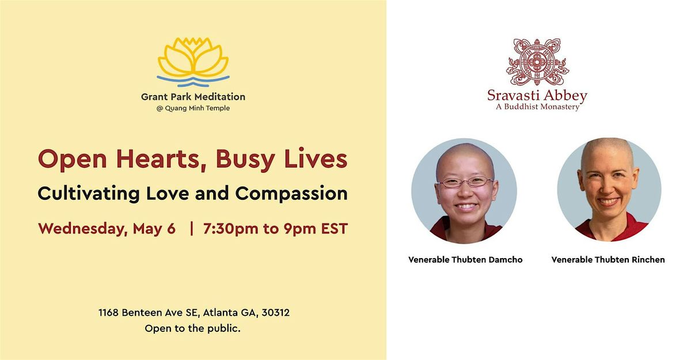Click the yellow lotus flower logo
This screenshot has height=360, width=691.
(x=193, y=57)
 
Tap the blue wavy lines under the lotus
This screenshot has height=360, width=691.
(x=193, y=81)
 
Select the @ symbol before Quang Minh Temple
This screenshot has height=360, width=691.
(x=160, y=109)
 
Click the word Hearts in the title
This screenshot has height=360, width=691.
(x=161, y=159)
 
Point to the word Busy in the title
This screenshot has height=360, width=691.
(x=245, y=160)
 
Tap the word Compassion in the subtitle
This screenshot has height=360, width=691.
(x=291, y=194)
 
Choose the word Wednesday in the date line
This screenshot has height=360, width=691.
(x=82, y=229)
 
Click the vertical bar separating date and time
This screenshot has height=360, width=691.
(x=192, y=229)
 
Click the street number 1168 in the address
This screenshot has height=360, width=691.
(x=109, y=313)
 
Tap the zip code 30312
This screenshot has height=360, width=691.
(x=275, y=313)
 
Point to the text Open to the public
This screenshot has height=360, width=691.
(x=192, y=328)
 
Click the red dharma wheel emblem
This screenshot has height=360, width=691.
(x=537, y=62)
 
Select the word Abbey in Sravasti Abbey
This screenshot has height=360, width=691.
(x=565, y=96)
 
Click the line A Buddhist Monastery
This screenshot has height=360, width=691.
(x=537, y=107)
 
